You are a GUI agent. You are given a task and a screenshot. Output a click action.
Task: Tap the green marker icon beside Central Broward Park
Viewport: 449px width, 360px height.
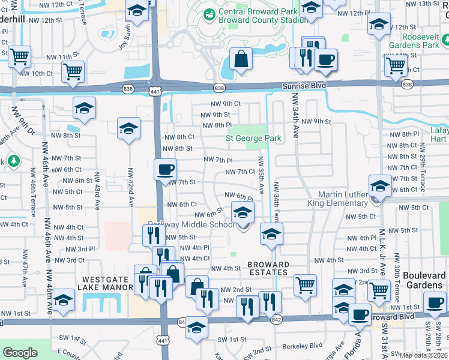[x=209, y=14]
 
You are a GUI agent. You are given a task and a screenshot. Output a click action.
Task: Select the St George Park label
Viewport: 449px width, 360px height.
[x=253, y=139]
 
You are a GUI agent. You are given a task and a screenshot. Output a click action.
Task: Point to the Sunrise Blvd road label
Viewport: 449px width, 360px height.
[x=304, y=86]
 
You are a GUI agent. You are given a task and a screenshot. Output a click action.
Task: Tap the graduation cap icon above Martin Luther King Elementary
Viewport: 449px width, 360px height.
[x=380, y=185]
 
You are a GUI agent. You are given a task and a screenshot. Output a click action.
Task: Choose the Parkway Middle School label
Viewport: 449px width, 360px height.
[x=191, y=225]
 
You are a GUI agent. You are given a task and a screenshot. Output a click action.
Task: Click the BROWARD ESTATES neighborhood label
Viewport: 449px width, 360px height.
[x=268, y=268]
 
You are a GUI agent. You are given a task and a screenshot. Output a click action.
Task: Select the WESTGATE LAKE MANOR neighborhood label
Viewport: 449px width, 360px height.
[x=107, y=283]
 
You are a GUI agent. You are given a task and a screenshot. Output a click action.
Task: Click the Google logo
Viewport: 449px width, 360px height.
[x=20, y=353]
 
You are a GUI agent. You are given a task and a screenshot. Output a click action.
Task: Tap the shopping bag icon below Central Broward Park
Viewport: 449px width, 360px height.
[x=240, y=59]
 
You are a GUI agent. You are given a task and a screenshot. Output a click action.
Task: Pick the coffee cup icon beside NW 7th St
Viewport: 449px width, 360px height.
[x=165, y=169]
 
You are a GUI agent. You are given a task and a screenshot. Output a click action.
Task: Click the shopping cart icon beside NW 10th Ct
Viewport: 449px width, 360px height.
[x=73, y=72]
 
